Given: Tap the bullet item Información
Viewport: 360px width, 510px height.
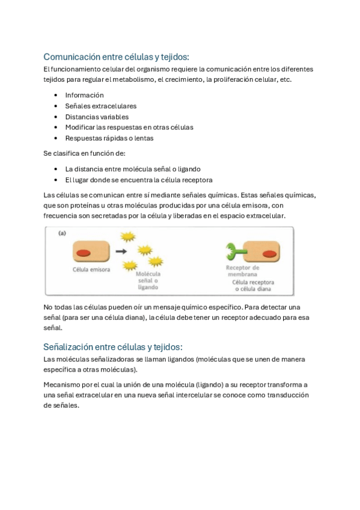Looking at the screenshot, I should pyautogui.click(x=84, y=95).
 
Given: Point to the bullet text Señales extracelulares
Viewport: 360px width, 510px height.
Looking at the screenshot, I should pyautogui.click(x=100, y=106).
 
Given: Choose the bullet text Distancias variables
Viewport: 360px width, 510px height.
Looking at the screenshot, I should pyautogui.click(x=97, y=117).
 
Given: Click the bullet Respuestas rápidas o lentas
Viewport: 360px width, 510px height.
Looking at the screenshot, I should pyautogui.click(x=109, y=138).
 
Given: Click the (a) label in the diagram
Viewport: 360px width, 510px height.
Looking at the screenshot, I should pyautogui.click(x=61, y=233).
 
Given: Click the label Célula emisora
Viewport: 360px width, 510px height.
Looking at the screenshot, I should pyautogui.click(x=91, y=269).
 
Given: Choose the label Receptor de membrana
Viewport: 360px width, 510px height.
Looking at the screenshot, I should pyautogui.click(x=242, y=271).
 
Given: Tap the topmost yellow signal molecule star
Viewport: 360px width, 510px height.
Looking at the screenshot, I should pyautogui.click(x=128, y=237).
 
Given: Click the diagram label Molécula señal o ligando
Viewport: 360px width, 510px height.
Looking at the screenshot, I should pyautogui.click(x=148, y=280).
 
